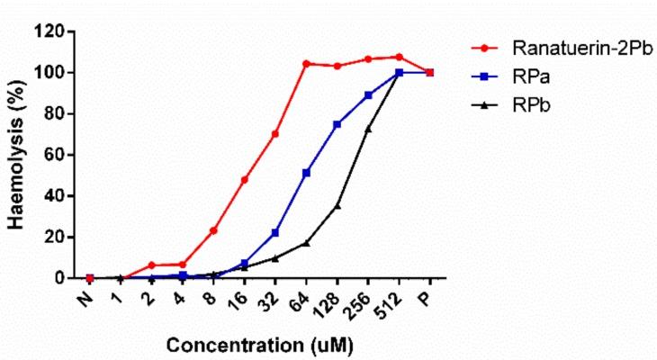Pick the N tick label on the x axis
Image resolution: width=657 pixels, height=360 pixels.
[87, 292]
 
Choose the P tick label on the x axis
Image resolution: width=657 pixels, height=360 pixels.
[429, 292]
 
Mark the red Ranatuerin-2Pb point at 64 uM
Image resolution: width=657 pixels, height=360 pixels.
[306, 64]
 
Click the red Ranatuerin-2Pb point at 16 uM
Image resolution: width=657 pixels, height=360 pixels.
[244, 180]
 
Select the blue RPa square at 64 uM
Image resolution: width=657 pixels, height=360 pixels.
[306, 173]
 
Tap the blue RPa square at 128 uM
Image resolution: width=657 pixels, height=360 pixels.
[337, 124]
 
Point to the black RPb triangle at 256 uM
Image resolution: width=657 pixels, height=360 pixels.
[368, 129]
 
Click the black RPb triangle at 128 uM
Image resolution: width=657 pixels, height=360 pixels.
[337, 205]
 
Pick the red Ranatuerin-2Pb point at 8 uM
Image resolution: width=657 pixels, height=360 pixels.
[213, 230]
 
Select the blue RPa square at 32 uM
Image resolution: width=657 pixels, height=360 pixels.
[275, 233]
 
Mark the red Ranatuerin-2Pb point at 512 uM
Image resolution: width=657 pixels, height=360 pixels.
[399, 57]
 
